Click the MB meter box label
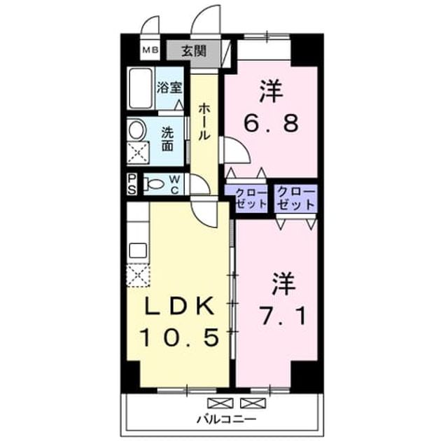pos(150,50)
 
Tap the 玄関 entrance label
pos(194,51)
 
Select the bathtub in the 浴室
pos(141,88)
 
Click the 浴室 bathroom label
pos(169,87)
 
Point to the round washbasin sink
pos(137,129)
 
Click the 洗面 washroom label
pos(167,139)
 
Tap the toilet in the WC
pos(153,184)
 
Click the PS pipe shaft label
pos(132,184)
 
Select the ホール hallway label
pos(204,122)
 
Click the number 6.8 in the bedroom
pos(271,123)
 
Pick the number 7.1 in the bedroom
pos(282,316)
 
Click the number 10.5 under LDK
pos(180,337)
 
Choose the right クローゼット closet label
pos(295,198)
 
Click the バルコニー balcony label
pos(227,420)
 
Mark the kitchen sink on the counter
pos(138,251)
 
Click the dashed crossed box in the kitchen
pos(138,275)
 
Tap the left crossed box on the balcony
pos(220,403)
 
